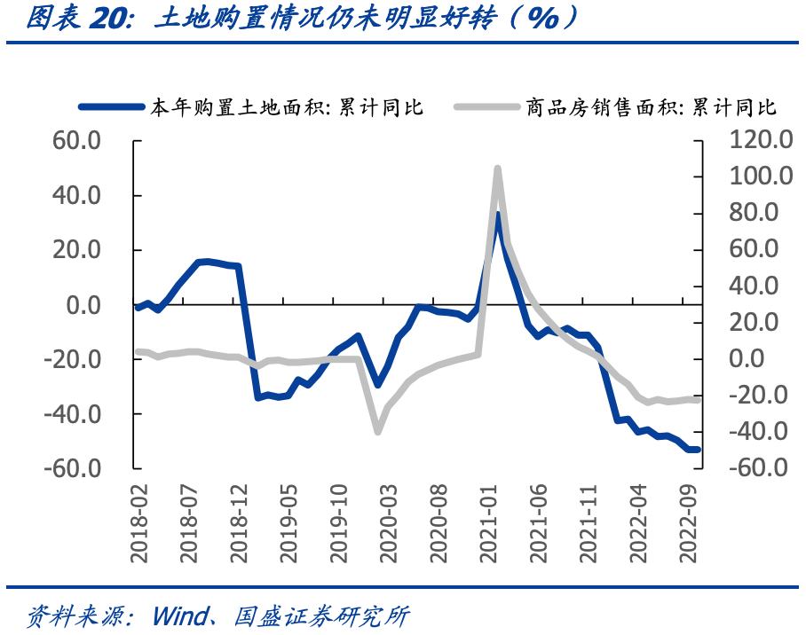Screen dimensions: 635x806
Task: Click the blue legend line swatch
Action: [x=111, y=107]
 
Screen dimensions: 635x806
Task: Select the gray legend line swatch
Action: [x=486, y=107]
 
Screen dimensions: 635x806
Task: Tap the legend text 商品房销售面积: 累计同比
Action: [x=651, y=107]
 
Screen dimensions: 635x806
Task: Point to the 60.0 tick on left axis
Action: [x=76, y=140]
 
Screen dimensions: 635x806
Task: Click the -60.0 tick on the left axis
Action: [x=73, y=468]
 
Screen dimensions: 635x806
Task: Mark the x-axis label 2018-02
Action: [x=140, y=523]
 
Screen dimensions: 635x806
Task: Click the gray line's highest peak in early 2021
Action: [x=497, y=168]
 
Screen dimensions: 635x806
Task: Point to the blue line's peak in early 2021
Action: [x=498, y=214]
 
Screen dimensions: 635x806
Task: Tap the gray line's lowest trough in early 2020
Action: [x=378, y=431]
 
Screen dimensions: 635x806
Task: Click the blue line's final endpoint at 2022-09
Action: [x=698, y=450]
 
